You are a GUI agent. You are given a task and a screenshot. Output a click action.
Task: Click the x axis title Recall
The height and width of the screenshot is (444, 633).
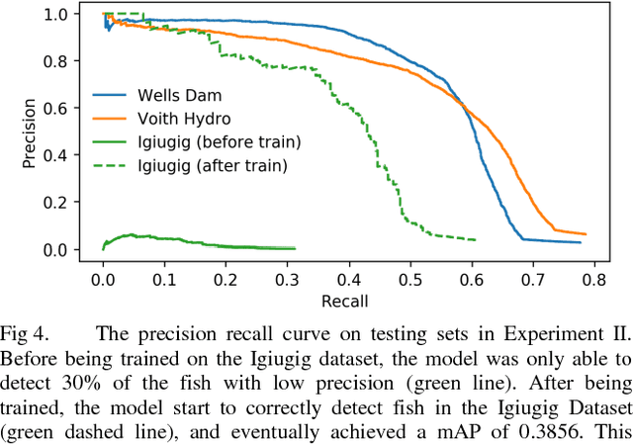346,299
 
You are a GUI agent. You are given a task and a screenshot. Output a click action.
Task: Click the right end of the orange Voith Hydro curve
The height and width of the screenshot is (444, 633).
587,234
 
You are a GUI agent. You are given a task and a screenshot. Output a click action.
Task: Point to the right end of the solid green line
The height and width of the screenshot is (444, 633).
295,248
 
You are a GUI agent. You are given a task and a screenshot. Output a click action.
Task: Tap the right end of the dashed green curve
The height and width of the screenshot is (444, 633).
476,240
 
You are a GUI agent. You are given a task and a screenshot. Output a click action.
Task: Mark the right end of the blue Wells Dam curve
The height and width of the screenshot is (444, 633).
581,242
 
